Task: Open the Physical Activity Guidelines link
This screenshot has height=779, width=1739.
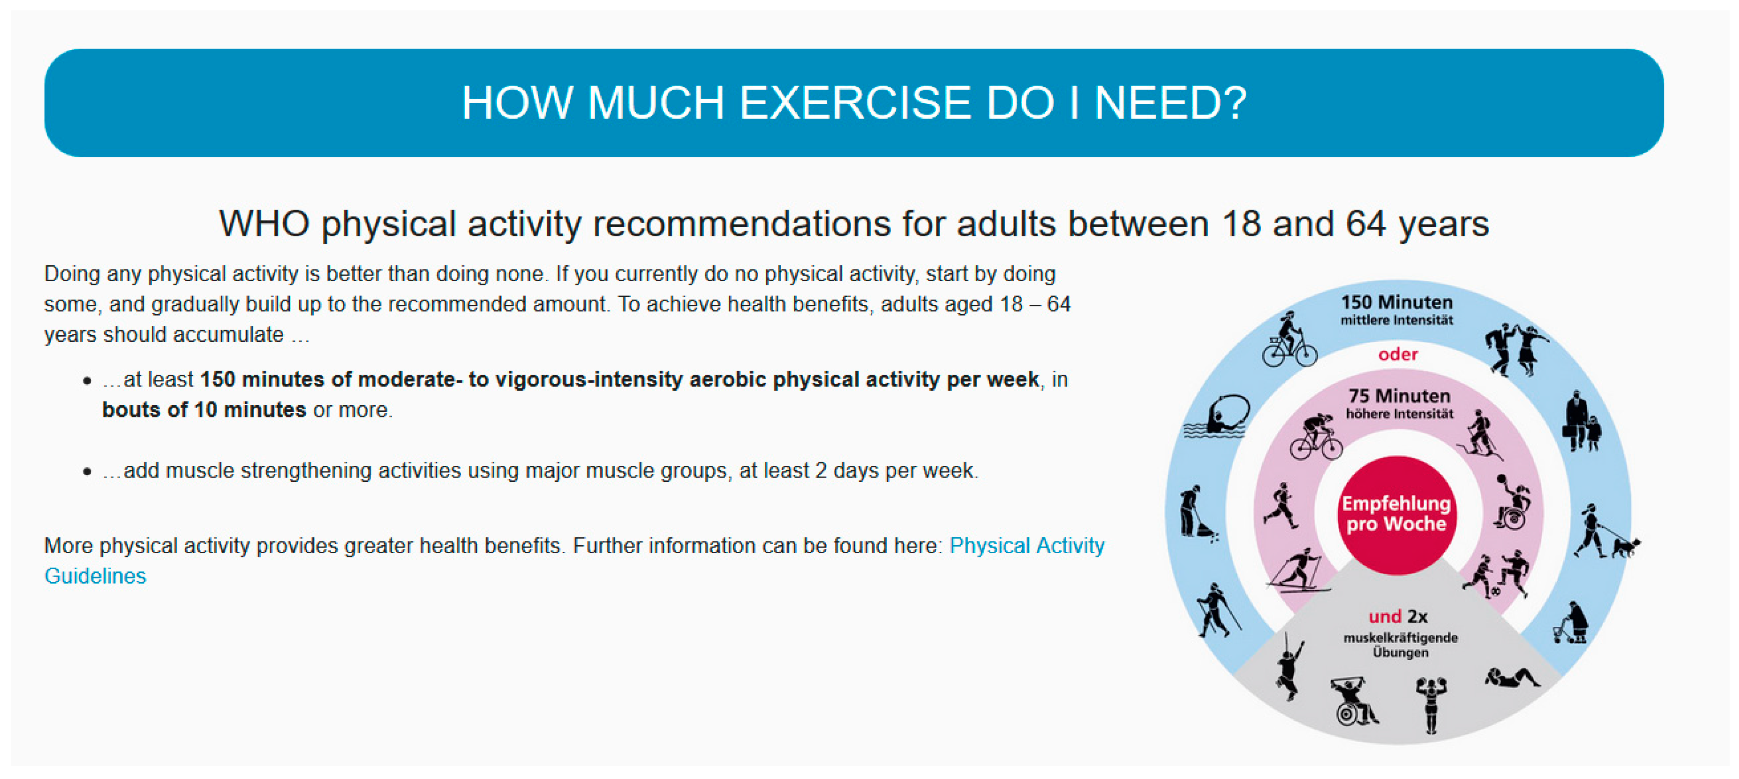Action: pos(574,560)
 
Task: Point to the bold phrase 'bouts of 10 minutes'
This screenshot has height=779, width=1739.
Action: pos(204,410)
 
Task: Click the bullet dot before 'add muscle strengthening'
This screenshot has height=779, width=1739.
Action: pos(87,471)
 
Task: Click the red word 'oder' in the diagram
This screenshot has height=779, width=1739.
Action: pos(1398,355)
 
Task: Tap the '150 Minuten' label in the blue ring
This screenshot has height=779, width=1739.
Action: pos(1397,302)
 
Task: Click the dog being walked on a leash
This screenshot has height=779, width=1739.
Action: pos(1626,546)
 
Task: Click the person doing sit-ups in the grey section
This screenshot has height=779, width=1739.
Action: pos(1512,678)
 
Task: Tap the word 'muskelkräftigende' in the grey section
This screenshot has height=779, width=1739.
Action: pos(1401,638)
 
